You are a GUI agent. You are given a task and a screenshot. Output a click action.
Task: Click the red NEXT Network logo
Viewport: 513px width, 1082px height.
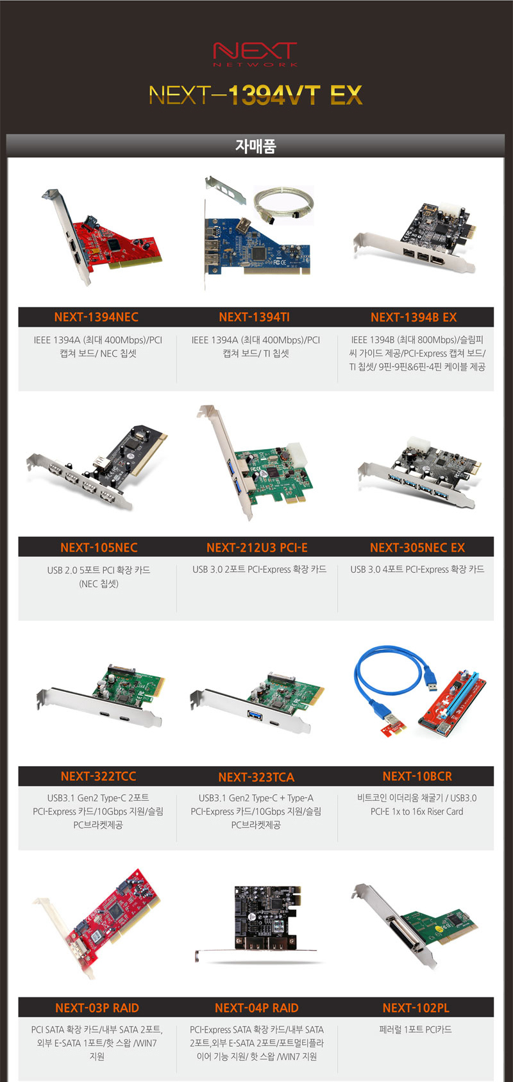(x=255, y=54)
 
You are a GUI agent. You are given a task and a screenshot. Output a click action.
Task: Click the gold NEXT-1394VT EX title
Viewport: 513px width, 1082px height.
(x=255, y=95)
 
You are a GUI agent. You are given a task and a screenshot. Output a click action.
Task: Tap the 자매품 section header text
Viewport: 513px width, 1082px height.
(x=255, y=146)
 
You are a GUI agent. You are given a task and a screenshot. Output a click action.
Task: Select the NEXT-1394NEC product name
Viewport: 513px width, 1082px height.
(x=96, y=317)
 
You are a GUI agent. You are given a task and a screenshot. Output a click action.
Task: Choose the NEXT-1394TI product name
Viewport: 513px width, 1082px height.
(x=255, y=317)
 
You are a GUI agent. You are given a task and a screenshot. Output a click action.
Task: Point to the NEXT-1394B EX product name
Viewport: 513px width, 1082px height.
(x=414, y=317)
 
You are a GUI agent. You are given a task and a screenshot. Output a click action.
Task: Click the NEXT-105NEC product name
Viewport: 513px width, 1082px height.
(x=99, y=547)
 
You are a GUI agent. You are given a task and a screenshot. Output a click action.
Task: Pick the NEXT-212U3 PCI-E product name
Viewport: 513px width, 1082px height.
(x=256, y=547)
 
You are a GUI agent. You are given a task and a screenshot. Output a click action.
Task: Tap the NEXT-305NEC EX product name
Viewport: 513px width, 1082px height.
(x=417, y=547)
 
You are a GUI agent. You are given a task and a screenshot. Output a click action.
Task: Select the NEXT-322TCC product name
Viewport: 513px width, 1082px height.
(x=98, y=776)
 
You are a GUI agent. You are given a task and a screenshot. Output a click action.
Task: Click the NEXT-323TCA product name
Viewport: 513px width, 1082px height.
(x=256, y=777)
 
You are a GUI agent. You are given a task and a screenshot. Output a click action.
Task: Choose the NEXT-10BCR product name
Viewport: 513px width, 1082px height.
(x=417, y=776)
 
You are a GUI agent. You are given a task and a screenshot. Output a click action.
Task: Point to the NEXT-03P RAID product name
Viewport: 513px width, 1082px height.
(x=97, y=1008)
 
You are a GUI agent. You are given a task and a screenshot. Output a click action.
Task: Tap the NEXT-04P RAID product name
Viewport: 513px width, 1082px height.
(x=256, y=1008)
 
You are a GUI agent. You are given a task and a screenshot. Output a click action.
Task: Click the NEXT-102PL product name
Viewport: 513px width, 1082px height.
(x=416, y=1008)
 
